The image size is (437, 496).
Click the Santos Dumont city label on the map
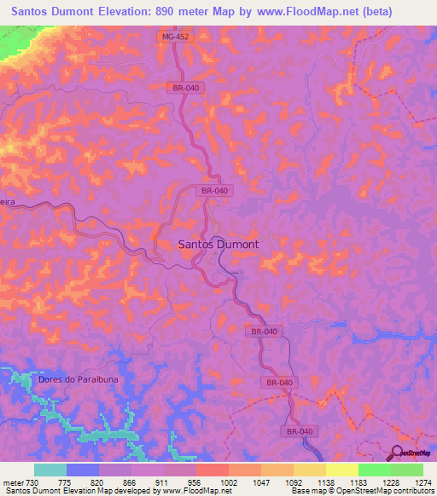click(x=218, y=244)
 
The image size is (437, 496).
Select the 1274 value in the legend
click(x=422, y=483)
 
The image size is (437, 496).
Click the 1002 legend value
click(x=227, y=483)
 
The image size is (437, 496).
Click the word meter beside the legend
click(x=13, y=483)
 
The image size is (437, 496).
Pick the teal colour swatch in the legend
click(x=50, y=470)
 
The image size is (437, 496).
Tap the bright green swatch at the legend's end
click(x=406, y=470)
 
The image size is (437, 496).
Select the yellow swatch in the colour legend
click(x=341, y=470)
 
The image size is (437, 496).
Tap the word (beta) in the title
click(x=410, y=13)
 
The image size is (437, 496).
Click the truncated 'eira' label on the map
click(x=9, y=203)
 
